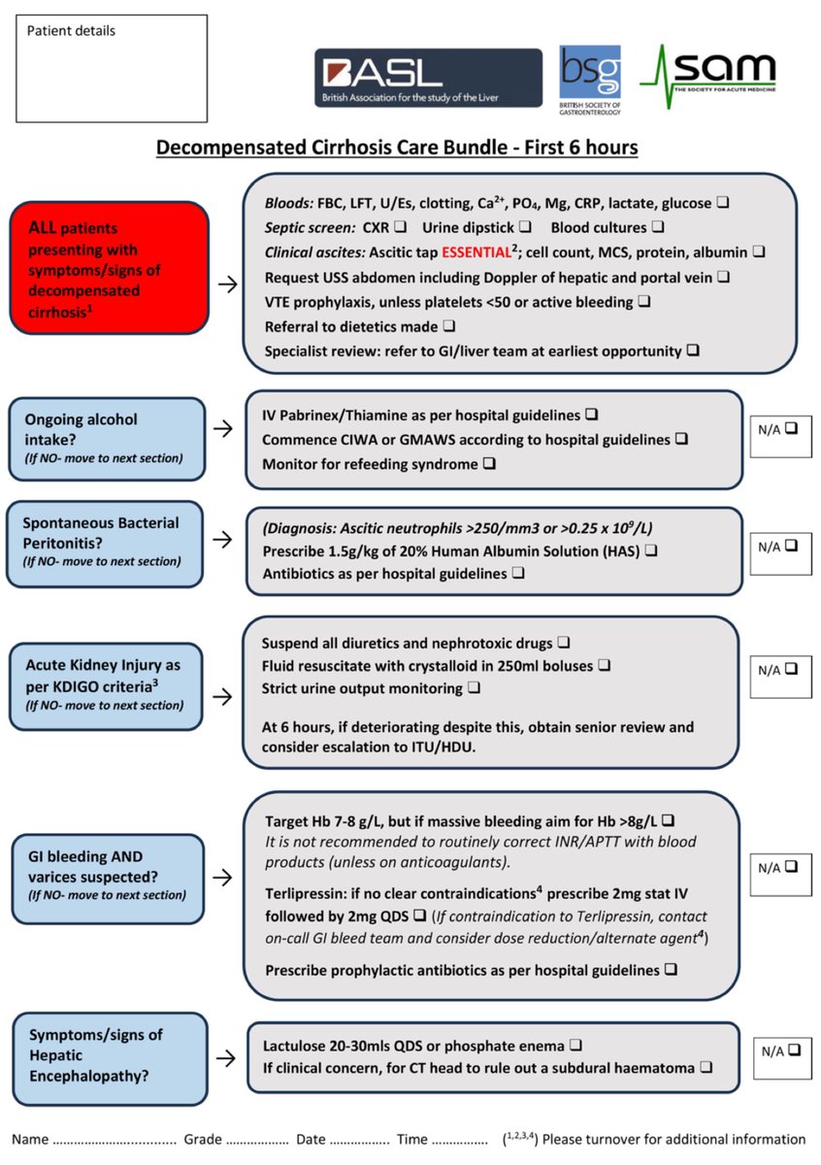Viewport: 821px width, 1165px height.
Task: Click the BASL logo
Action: point(427,78)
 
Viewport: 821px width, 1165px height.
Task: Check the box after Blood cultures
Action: point(657,228)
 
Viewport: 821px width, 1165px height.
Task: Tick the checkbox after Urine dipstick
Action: point(524,228)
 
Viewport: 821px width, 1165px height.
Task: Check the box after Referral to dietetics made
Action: point(448,325)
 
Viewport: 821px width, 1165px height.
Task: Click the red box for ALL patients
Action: point(110,267)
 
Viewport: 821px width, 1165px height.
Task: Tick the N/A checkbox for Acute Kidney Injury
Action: point(791,669)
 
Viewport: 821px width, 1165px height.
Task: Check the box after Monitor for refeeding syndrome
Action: point(489,464)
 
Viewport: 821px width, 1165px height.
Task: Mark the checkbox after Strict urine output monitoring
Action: point(474,688)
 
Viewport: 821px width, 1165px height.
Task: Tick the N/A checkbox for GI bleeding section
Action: point(791,867)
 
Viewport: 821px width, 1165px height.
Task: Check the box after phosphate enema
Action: point(575,1046)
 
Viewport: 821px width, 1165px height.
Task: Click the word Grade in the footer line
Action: point(203,1139)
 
